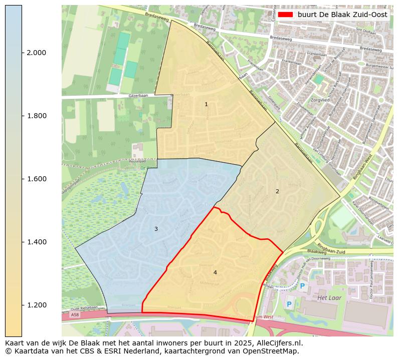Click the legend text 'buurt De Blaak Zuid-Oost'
(342, 15)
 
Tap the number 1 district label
(206, 104)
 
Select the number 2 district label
(277, 191)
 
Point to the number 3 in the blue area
(156, 229)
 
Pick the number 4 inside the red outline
(215, 272)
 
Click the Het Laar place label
(329, 298)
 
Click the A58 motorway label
(75, 315)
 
